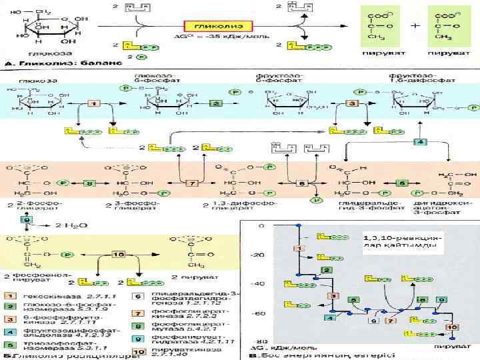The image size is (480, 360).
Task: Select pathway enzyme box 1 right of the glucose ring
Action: pyautogui.click(x=94, y=105)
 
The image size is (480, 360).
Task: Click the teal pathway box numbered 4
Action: pyautogui.click(x=420, y=143)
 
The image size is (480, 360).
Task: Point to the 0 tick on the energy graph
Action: pyautogui.click(x=261, y=225)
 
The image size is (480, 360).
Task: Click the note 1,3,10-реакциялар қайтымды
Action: pyautogui.click(x=400, y=241)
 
